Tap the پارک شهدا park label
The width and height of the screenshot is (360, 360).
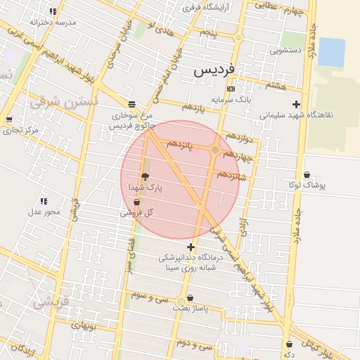(145, 188)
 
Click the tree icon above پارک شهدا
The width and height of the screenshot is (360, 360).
(145, 176)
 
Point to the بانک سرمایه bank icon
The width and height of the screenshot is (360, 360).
(231, 89)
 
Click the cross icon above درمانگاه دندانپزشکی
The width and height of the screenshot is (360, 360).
(191, 247)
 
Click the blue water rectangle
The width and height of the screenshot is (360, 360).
(331, 52)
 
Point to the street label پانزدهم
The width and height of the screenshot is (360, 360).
(181, 144)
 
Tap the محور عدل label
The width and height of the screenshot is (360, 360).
(44, 212)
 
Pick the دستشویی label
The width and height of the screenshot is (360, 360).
(286, 51)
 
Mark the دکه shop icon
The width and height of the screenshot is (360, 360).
(290, 344)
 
